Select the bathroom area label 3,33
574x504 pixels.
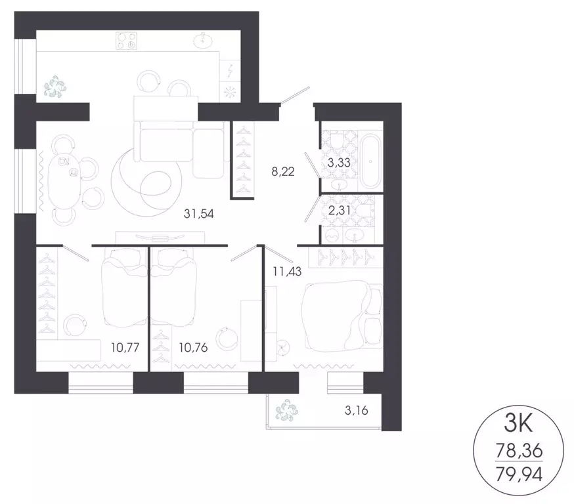coord(339,163)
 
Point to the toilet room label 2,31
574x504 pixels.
coord(339,211)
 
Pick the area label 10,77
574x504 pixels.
coord(125,347)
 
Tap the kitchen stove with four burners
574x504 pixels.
coord(126,41)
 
